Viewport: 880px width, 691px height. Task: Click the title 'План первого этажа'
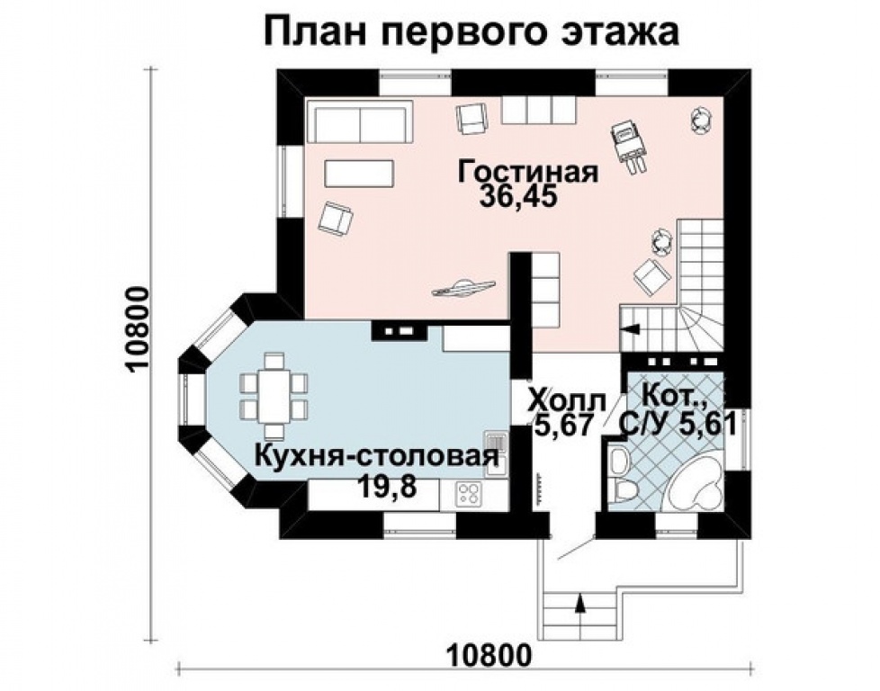coord(471,33)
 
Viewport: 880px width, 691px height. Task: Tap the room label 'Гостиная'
coord(527,172)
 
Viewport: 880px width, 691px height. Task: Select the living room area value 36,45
coord(519,198)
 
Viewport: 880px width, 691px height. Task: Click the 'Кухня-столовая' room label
coord(376,457)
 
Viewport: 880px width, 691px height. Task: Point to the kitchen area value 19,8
coord(388,486)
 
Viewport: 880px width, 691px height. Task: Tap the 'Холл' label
coord(568,401)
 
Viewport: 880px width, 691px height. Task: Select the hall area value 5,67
coord(563,426)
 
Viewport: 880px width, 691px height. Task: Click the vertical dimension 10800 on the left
coord(138,329)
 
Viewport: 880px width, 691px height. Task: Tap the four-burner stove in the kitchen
coord(469,495)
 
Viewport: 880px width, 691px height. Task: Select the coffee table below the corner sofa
coord(359,173)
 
